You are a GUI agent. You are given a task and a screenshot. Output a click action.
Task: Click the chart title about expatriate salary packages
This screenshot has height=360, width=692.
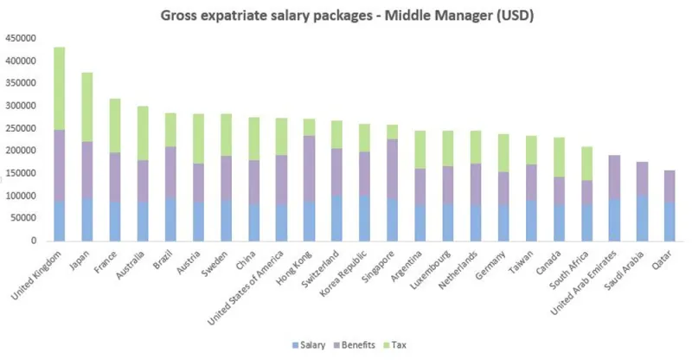[346, 16]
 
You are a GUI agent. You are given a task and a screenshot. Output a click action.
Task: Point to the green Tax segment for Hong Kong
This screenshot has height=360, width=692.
[309, 127]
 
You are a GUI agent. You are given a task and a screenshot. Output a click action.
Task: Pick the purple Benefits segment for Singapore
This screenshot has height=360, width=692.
[392, 169]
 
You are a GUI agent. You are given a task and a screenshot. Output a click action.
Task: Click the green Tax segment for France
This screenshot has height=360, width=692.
[114, 125]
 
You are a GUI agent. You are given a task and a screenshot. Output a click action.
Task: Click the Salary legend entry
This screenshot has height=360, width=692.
[309, 344]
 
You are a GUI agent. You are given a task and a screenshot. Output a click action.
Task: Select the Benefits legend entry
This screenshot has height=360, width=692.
[353, 344]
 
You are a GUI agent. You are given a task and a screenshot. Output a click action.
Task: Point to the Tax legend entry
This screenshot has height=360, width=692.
[397, 344]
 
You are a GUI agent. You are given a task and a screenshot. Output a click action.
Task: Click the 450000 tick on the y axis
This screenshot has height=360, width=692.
[22, 38]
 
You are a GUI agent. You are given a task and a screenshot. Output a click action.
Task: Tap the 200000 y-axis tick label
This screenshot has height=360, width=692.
[22, 151]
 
